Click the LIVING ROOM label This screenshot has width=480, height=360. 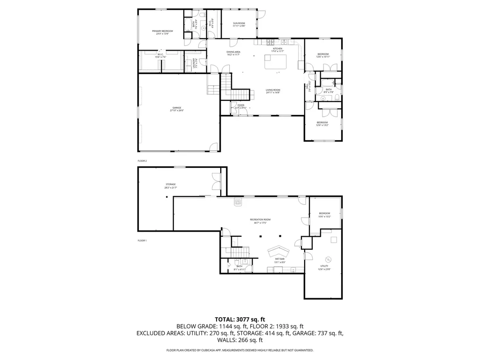[273, 91]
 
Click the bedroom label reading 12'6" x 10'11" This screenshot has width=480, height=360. [323, 55]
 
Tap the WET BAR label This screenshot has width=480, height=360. [279, 260]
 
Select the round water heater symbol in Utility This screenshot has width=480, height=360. [328, 259]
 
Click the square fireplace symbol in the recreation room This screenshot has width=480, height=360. [238, 203]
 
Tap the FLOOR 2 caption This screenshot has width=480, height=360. [142, 161]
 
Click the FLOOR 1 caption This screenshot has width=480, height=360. [142, 240]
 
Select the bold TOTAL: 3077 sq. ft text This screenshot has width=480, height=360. [240, 319]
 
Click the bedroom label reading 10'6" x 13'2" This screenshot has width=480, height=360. [325, 215]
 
